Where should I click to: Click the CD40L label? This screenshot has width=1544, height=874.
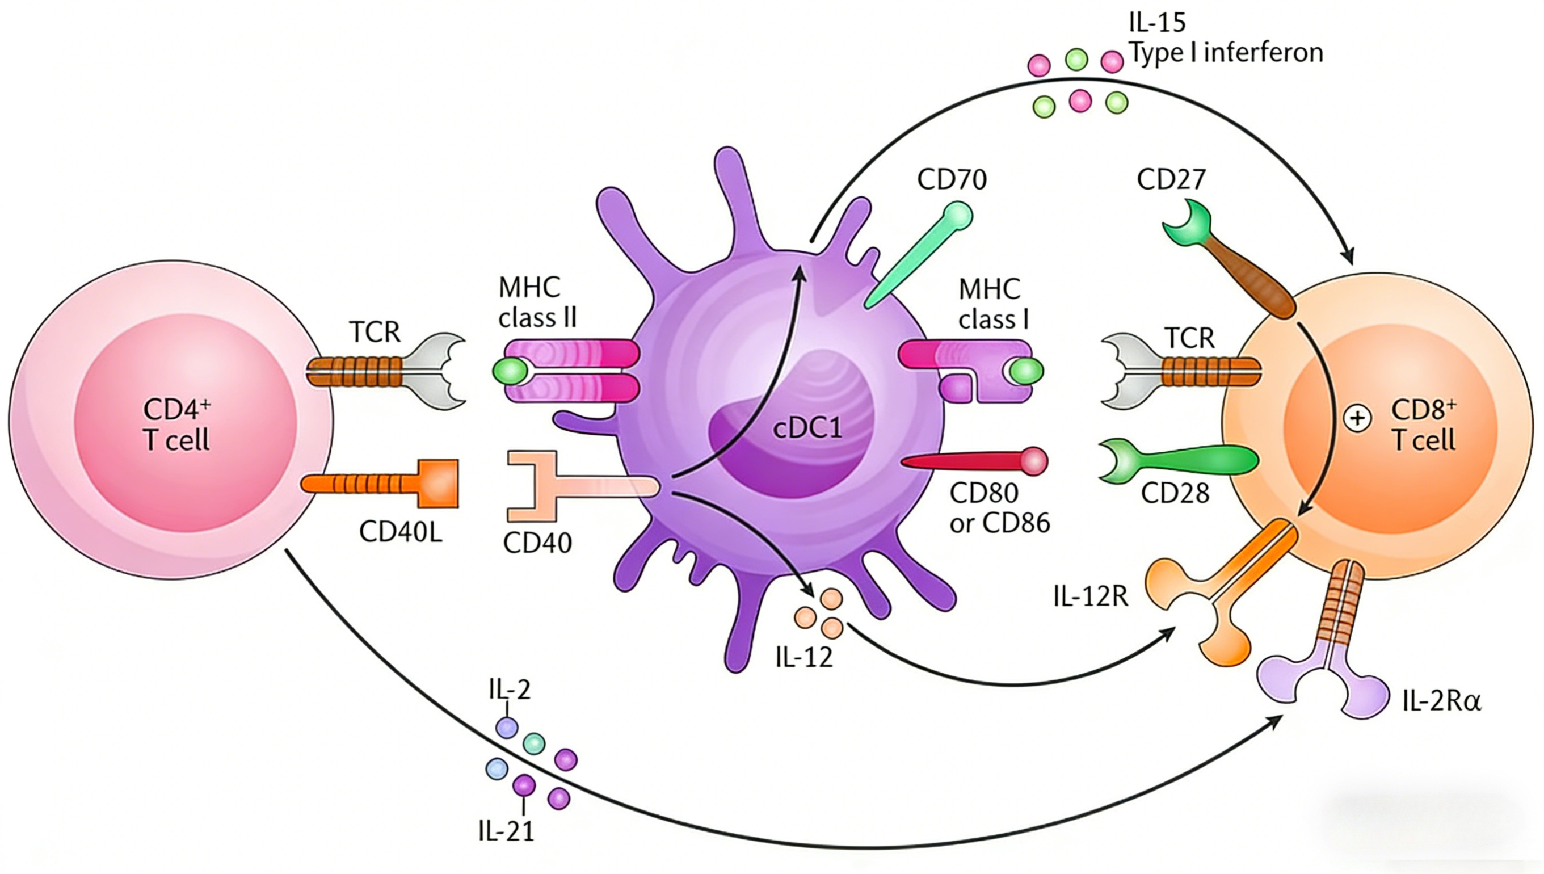pos(400,532)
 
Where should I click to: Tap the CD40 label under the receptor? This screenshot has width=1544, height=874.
pos(537,543)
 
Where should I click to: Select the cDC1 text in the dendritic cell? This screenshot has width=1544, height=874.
pos(807,428)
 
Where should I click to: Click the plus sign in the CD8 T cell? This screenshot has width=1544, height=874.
pos(1357,419)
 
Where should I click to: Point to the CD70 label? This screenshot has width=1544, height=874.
pos(952,179)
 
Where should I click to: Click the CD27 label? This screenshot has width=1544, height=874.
pos(1171,179)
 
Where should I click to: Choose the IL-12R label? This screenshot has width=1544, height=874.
pos(1091,597)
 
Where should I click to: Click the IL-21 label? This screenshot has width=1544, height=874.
pos(506,832)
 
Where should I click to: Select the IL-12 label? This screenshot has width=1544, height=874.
pos(804,658)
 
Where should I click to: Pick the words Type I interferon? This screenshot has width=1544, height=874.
pos(1226,53)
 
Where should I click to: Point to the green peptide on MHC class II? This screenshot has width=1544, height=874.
pos(510,372)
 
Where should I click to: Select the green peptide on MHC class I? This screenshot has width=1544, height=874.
pos(1026,371)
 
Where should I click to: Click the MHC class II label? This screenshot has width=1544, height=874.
pos(537,302)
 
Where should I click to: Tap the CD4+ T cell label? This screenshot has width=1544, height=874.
pos(176,425)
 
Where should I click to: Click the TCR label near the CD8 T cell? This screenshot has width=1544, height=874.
pos(1189,338)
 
